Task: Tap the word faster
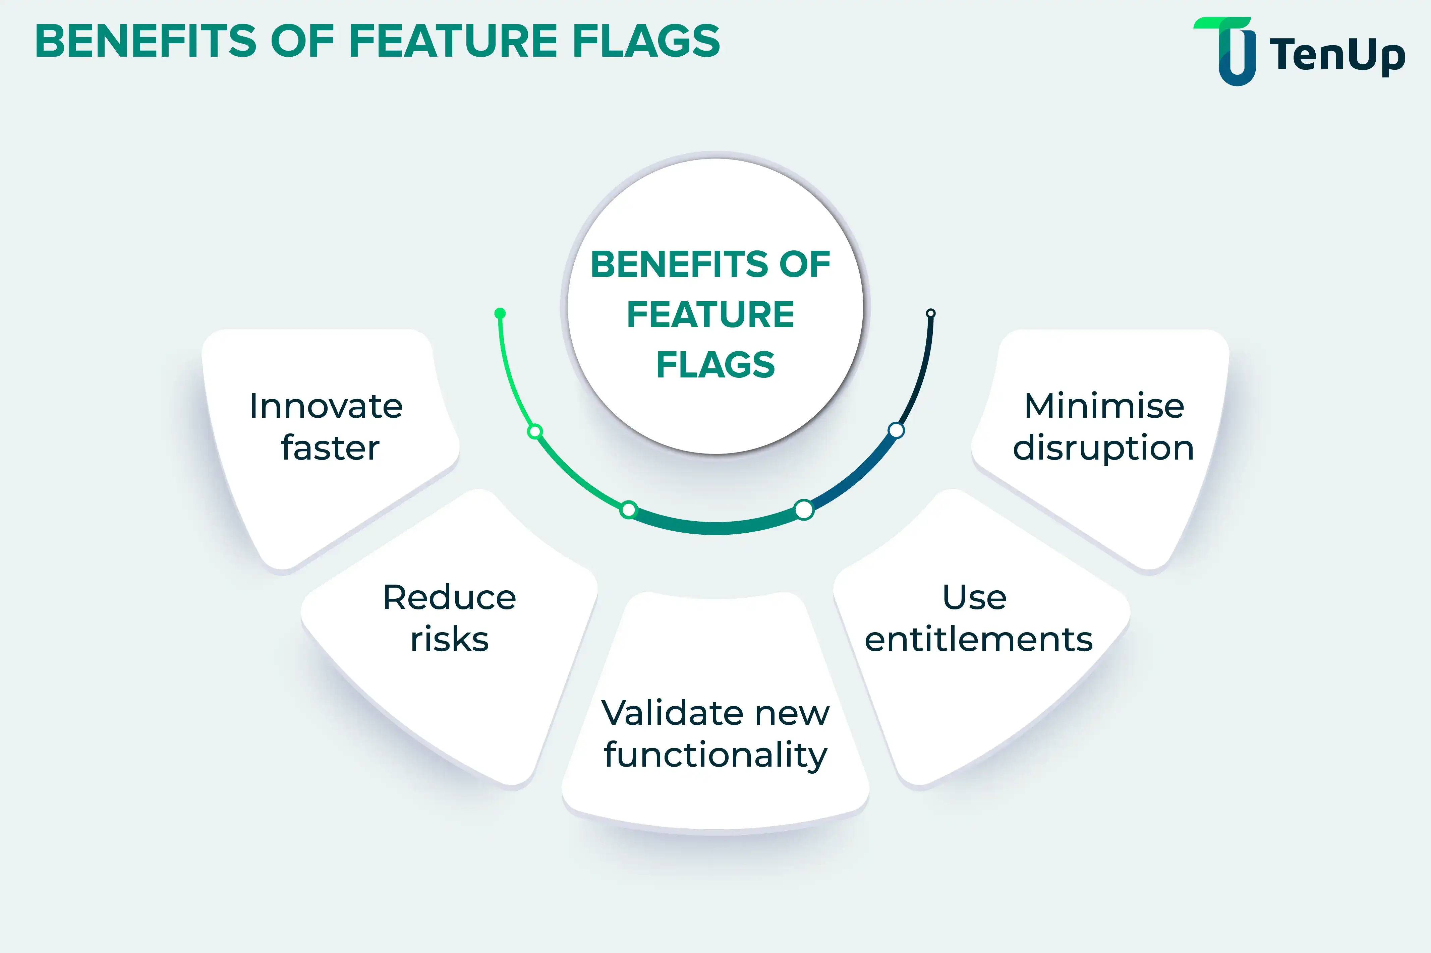click(330, 448)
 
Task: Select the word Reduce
click(449, 597)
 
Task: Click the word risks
click(449, 639)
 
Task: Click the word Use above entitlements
click(974, 597)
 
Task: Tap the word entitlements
click(979, 639)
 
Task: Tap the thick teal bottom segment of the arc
click(716, 528)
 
